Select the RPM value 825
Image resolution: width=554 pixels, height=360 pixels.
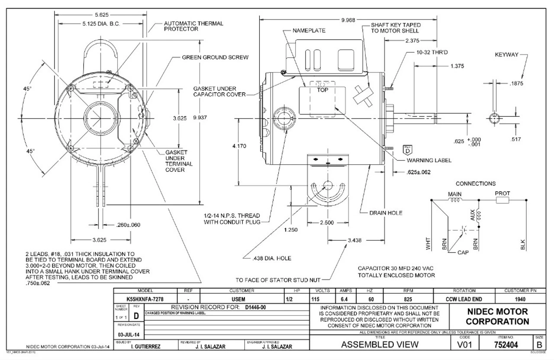tap(406, 299)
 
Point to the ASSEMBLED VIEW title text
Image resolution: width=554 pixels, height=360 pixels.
tap(380, 344)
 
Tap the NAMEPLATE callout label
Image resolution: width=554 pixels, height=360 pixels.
tap(309, 31)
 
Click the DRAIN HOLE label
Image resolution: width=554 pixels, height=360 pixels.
tap(386, 213)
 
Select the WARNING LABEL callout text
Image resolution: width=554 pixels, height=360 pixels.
tap(429, 160)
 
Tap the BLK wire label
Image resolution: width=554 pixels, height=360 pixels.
tap(523, 244)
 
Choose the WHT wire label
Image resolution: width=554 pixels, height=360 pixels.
tap(428, 245)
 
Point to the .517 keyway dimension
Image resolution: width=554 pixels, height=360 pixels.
tap(516, 139)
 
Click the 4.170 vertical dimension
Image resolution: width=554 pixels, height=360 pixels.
tap(239, 146)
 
